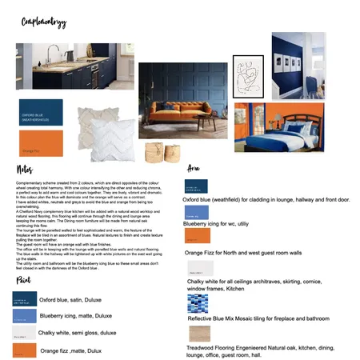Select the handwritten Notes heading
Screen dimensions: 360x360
pos(24,170)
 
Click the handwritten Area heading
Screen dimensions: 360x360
pos(194,169)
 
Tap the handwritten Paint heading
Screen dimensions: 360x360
pos(23,281)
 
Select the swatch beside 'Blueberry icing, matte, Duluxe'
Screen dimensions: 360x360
pos(24,317)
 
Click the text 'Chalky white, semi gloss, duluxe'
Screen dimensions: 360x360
pos(77,332)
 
